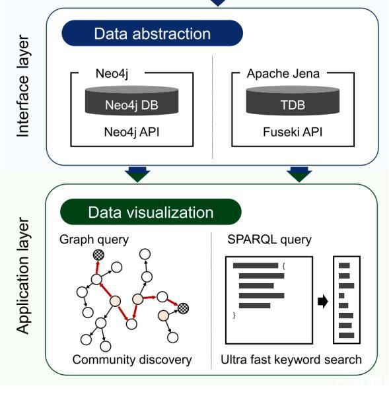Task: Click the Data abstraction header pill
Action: click(x=152, y=33)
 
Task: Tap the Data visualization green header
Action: click(x=151, y=212)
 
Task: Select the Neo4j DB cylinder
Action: click(x=132, y=100)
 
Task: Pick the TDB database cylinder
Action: click(x=293, y=100)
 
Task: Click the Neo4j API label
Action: click(x=131, y=132)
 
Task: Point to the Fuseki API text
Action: click(x=293, y=132)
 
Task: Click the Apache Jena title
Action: click(x=283, y=74)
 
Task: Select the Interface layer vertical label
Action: click(x=23, y=86)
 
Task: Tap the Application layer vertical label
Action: click(x=23, y=276)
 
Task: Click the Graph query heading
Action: click(x=94, y=240)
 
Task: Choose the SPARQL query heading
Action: click(x=269, y=240)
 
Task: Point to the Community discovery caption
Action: click(x=132, y=360)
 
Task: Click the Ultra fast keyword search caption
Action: click(x=291, y=360)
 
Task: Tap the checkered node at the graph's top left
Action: click(x=98, y=255)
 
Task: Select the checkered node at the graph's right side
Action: click(x=183, y=308)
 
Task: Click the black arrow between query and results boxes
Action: click(x=323, y=301)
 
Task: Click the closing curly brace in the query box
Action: click(x=234, y=315)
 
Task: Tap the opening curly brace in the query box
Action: click(x=283, y=266)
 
